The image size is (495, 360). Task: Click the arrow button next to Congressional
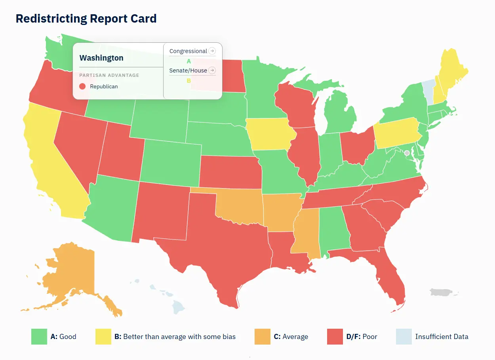coord(212,51)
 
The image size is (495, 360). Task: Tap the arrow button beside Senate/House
coord(212,70)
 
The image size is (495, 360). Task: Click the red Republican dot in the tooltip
coord(82,86)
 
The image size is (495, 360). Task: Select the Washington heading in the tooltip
coord(101,58)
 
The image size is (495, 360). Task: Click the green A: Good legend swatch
coord(39,337)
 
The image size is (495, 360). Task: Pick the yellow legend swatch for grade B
coord(103,337)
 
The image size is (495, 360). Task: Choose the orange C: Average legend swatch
coord(263,337)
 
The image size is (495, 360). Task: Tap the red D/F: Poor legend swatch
coord(335,337)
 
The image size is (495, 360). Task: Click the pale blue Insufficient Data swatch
coord(404,337)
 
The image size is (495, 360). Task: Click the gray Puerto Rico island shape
coord(442,292)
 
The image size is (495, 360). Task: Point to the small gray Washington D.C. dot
coord(406,152)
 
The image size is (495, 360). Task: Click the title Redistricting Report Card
coord(86,19)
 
